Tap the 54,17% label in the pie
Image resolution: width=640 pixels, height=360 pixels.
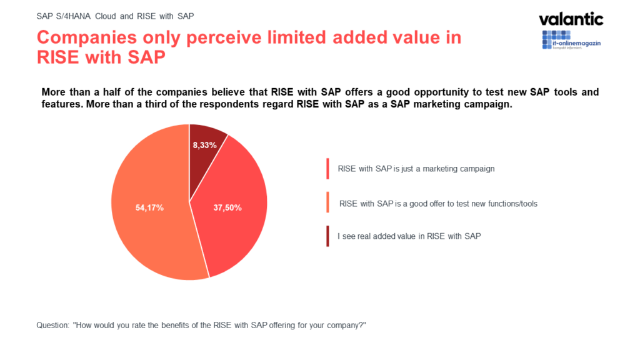point(149,207)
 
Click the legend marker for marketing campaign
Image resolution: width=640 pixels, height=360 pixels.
point(327,169)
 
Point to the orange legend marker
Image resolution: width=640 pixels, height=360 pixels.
point(327,203)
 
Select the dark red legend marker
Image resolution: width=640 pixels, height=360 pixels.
point(327,236)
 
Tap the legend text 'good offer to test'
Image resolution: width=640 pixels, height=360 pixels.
point(437,203)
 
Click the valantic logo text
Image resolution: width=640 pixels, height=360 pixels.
point(571,19)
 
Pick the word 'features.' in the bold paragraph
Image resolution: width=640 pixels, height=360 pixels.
point(62,104)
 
